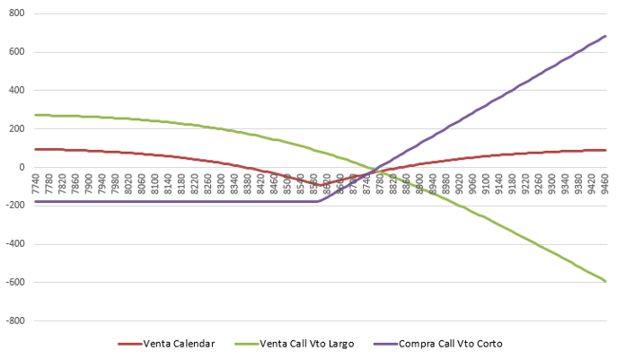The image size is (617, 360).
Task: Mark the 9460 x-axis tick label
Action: click(604, 187)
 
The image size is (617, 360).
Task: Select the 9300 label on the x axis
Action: click(551, 187)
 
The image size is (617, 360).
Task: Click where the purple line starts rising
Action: click(317, 200)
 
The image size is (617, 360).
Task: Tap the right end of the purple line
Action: click(606, 36)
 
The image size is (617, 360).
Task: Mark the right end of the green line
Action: click(606, 282)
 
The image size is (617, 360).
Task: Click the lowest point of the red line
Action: click(321, 185)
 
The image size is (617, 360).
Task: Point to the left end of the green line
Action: click(34, 115)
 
